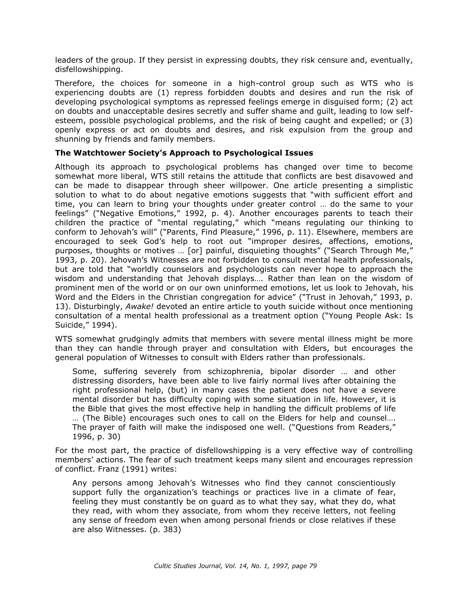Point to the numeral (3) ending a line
pos(407,120)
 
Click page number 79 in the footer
pos(313,566)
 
